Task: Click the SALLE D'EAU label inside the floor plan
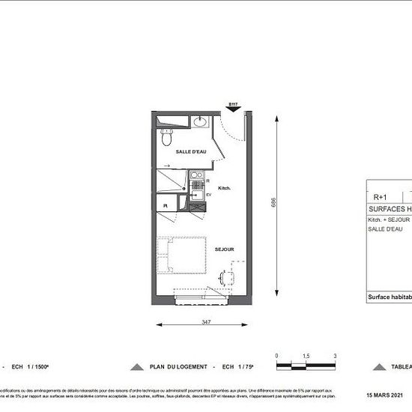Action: (191, 152)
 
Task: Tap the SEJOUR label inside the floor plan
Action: (225, 249)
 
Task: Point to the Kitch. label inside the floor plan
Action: (224, 188)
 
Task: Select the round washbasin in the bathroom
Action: (200, 121)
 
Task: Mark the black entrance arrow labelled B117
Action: (233, 109)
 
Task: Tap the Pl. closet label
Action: (163, 205)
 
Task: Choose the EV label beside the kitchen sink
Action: (209, 195)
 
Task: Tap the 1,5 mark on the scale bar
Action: (306, 356)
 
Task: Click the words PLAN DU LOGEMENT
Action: (176, 368)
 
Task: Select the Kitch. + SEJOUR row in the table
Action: (389, 219)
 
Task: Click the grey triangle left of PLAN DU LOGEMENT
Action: (136, 367)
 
